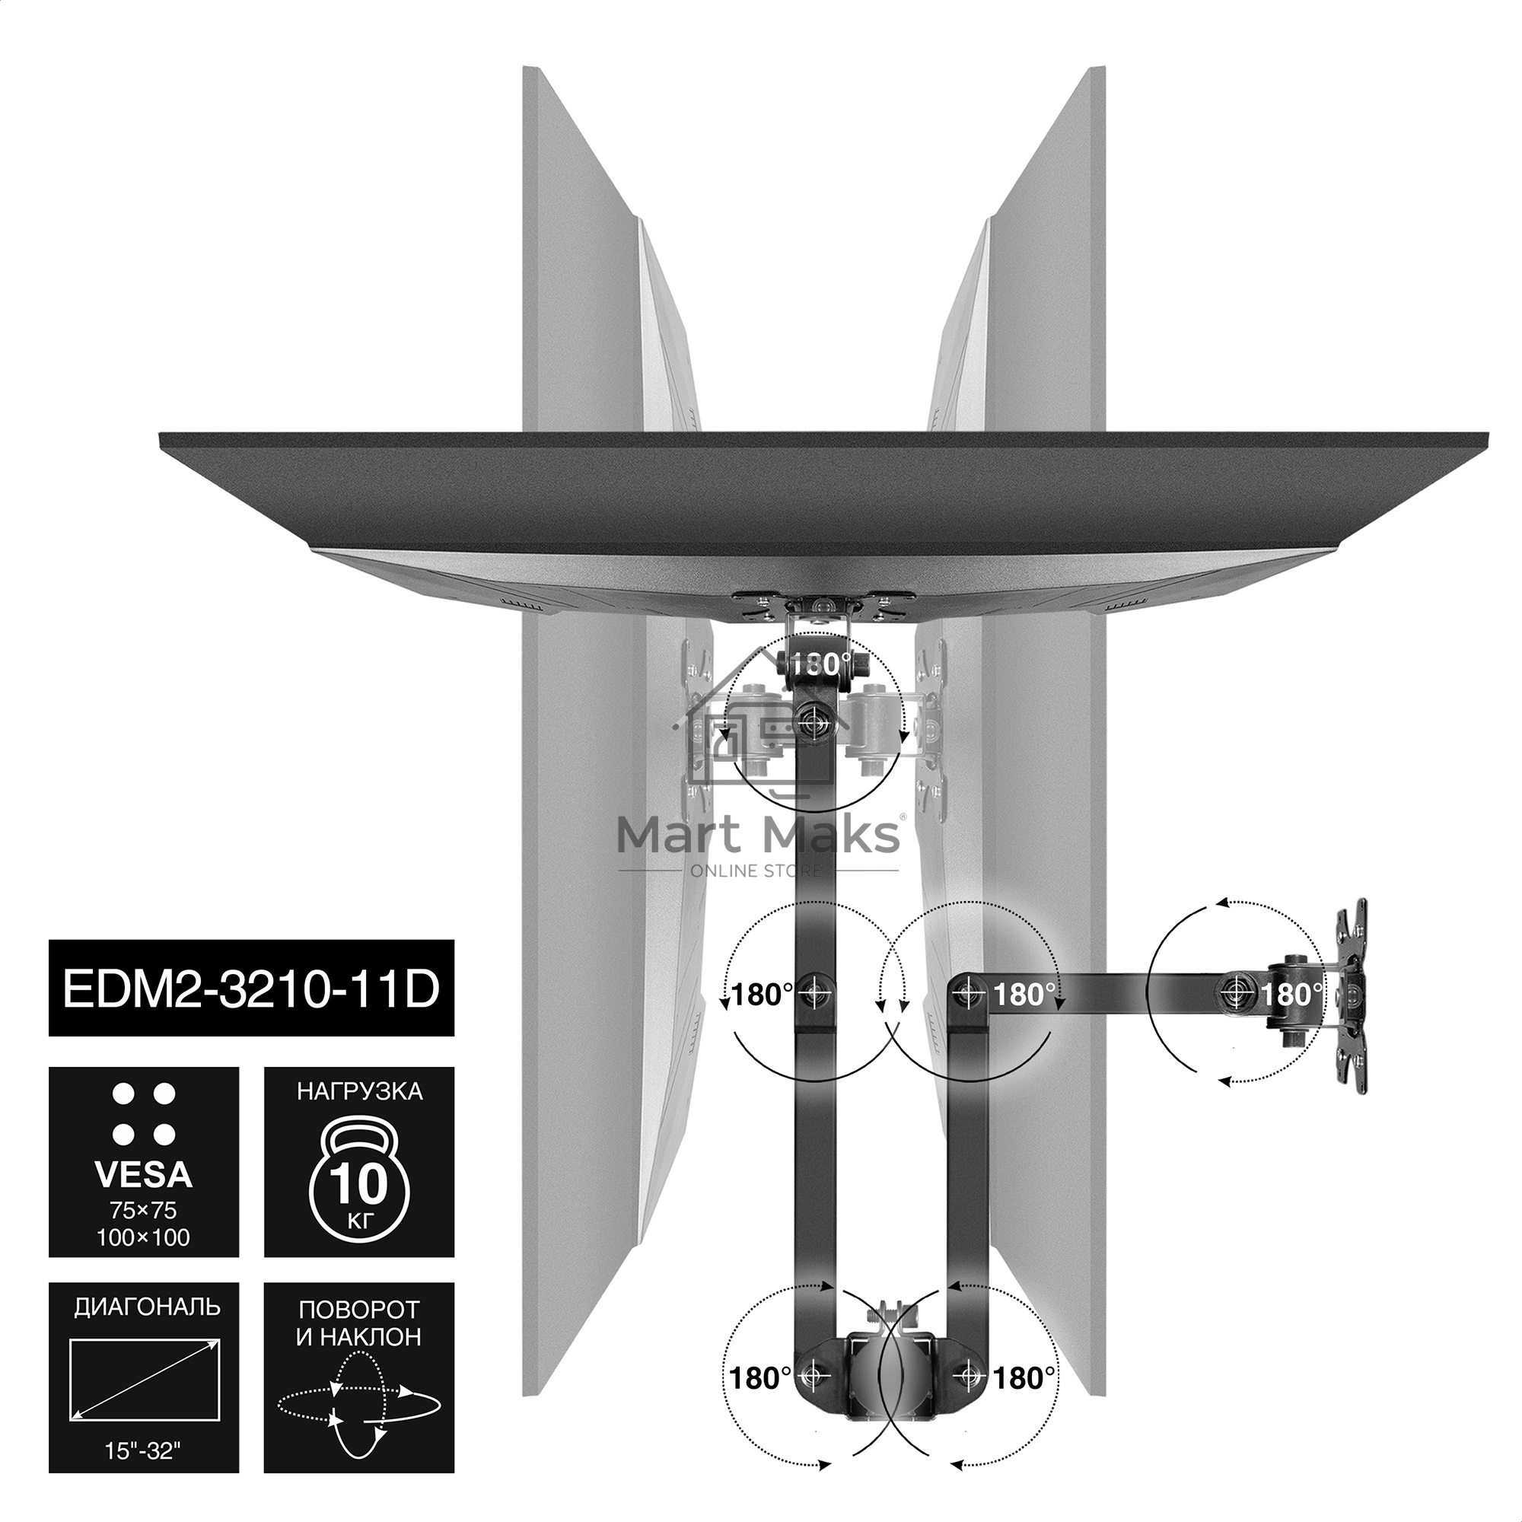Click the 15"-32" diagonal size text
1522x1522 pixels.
[x=142, y=1473]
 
